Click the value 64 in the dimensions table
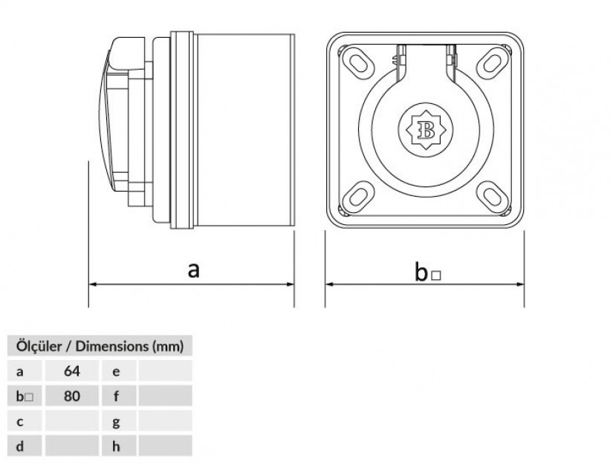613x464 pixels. tap(72, 370)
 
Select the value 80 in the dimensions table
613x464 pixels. tap(72, 396)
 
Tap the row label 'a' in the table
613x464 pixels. tap(20, 372)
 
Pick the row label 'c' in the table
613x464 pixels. tap(20, 422)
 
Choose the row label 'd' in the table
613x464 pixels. tap(20, 446)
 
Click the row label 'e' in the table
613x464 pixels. tap(116, 372)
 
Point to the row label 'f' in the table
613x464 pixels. tap(116, 396)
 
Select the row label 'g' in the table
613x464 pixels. tap(116, 423)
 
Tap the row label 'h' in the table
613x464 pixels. tap(116, 446)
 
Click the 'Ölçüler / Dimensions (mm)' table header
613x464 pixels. tap(100, 346)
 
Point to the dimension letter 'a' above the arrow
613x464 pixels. tap(193, 270)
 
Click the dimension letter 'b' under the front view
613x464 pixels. tap(421, 272)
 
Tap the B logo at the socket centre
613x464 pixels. tap(425, 130)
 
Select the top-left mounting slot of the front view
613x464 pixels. tap(357, 62)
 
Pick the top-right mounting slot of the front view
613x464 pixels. tap(493, 63)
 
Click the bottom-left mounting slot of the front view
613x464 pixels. tap(357, 197)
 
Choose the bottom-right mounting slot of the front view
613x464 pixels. tap(492, 197)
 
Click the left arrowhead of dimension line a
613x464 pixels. tap(93, 284)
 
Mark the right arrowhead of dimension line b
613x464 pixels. tap(520, 284)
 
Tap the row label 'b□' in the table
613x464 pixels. tap(25, 396)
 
